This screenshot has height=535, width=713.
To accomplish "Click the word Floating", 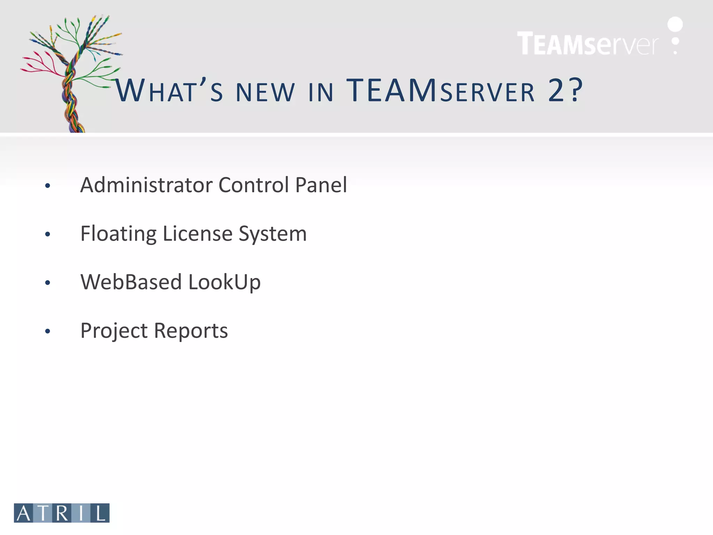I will tap(118, 234).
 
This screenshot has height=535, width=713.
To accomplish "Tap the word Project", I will tap(114, 331).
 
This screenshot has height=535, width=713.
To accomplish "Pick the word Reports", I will tap(191, 331).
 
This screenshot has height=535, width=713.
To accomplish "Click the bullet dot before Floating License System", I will tap(48, 234).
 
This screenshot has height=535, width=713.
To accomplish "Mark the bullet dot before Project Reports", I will tap(48, 331).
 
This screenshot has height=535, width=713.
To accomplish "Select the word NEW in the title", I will tap(265, 92).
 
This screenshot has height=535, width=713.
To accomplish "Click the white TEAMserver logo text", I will tap(588, 44).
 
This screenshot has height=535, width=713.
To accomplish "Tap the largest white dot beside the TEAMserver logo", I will tap(675, 24).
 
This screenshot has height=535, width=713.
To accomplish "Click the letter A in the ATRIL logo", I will tap(24, 513).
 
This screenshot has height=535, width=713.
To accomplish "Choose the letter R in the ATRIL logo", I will tap(62, 513).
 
